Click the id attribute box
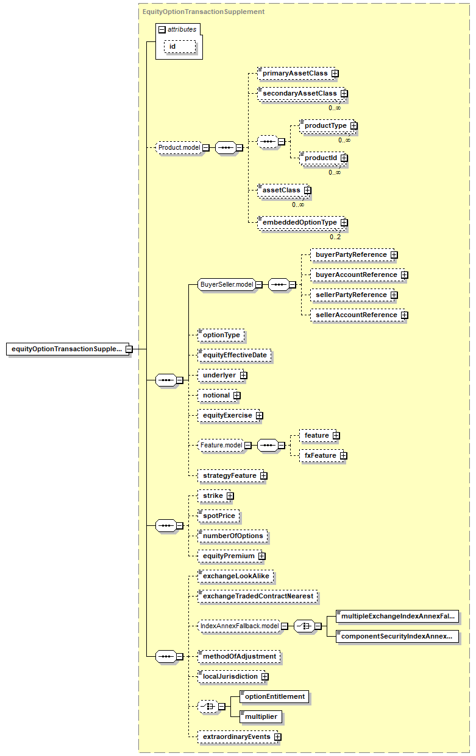[x=180, y=47]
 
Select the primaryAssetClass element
[x=297, y=73]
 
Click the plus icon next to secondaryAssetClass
[x=344, y=94]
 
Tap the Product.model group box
[x=179, y=147]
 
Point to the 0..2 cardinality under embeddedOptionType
[x=335, y=237]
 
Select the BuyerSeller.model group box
[x=227, y=284]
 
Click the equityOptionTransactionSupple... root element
[x=68, y=349]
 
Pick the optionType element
[x=221, y=335]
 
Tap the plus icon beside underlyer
[x=244, y=376]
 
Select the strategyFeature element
[x=231, y=475]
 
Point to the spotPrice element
[x=219, y=516]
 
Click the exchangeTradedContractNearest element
[x=258, y=597]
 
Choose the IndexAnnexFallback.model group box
[x=240, y=626]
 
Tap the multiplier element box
[x=261, y=717]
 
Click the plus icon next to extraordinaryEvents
[x=277, y=737]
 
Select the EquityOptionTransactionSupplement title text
[x=204, y=12]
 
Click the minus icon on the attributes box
[x=162, y=30]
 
